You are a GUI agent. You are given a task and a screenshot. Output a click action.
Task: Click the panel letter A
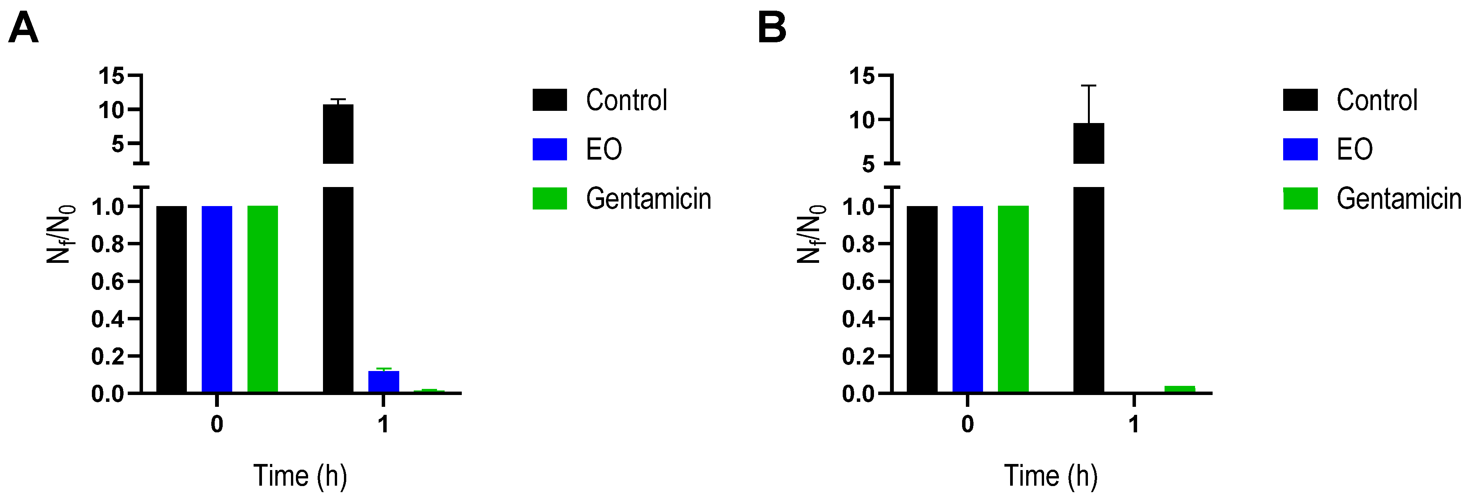click(x=23, y=29)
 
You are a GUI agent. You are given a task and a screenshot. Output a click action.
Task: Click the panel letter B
click(x=771, y=29)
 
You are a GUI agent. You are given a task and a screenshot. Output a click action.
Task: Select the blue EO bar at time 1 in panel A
click(x=384, y=381)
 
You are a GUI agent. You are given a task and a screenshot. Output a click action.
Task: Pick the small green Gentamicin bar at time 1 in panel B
click(x=1179, y=389)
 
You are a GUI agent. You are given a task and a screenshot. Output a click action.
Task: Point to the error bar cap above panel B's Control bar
click(x=1089, y=86)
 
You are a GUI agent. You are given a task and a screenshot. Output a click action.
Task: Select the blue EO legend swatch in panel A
click(x=549, y=149)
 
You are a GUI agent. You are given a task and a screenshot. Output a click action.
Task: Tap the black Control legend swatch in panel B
click(x=1300, y=100)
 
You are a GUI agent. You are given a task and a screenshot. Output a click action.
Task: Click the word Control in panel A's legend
click(x=626, y=100)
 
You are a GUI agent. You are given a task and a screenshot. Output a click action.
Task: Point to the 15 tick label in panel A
click(x=111, y=75)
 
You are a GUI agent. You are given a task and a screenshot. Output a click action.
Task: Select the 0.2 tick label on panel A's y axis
click(x=107, y=357)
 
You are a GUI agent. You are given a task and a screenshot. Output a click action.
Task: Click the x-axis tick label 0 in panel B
click(x=967, y=424)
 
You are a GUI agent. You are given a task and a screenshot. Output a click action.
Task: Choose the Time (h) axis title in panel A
click(x=300, y=476)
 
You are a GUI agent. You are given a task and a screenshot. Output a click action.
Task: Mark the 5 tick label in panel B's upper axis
click(x=868, y=165)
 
